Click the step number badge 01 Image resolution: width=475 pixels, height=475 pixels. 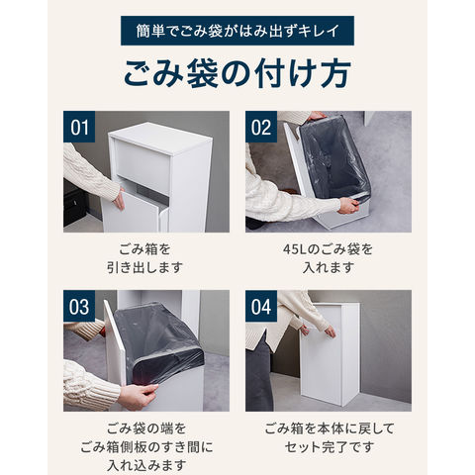click(79, 127)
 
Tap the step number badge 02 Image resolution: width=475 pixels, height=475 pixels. click(261, 127)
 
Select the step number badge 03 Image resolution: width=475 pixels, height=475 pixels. click(79, 306)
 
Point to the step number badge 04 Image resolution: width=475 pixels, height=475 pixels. click(261, 306)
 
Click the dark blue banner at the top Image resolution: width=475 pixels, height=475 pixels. click(237, 31)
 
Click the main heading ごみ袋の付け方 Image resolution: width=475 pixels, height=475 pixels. click(237, 73)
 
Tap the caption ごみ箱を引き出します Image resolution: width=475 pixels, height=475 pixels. click(144, 258)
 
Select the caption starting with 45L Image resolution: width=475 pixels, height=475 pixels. click(328, 258)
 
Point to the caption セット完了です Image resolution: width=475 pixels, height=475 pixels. click(329, 447)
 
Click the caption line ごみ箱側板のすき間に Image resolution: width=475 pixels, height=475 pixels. click(146, 447)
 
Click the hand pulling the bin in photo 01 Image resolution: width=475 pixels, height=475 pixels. click(119, 200)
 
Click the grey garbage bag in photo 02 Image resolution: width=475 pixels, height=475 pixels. click(333, 156)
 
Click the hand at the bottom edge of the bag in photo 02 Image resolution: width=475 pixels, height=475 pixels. click(348, 205)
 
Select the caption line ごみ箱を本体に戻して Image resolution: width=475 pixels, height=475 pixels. click(330, 428)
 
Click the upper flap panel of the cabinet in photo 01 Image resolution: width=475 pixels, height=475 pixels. click(142, 159)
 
